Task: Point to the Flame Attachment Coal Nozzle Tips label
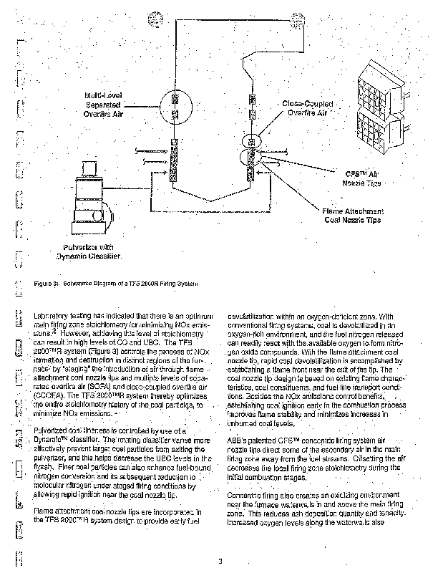click(353, 216)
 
